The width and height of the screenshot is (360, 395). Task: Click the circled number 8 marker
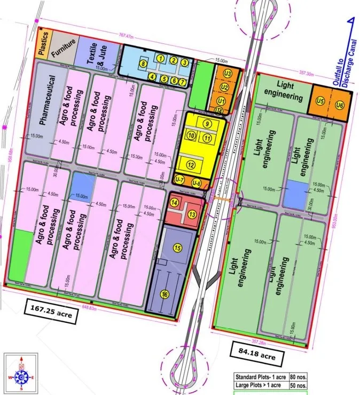point(143,64)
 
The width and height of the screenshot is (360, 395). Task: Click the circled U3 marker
point(228,73)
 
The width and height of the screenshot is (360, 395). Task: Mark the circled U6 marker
point(340,105)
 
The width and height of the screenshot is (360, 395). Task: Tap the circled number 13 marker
point(192,214)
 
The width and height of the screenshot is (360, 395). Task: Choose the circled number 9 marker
point(206,123)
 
